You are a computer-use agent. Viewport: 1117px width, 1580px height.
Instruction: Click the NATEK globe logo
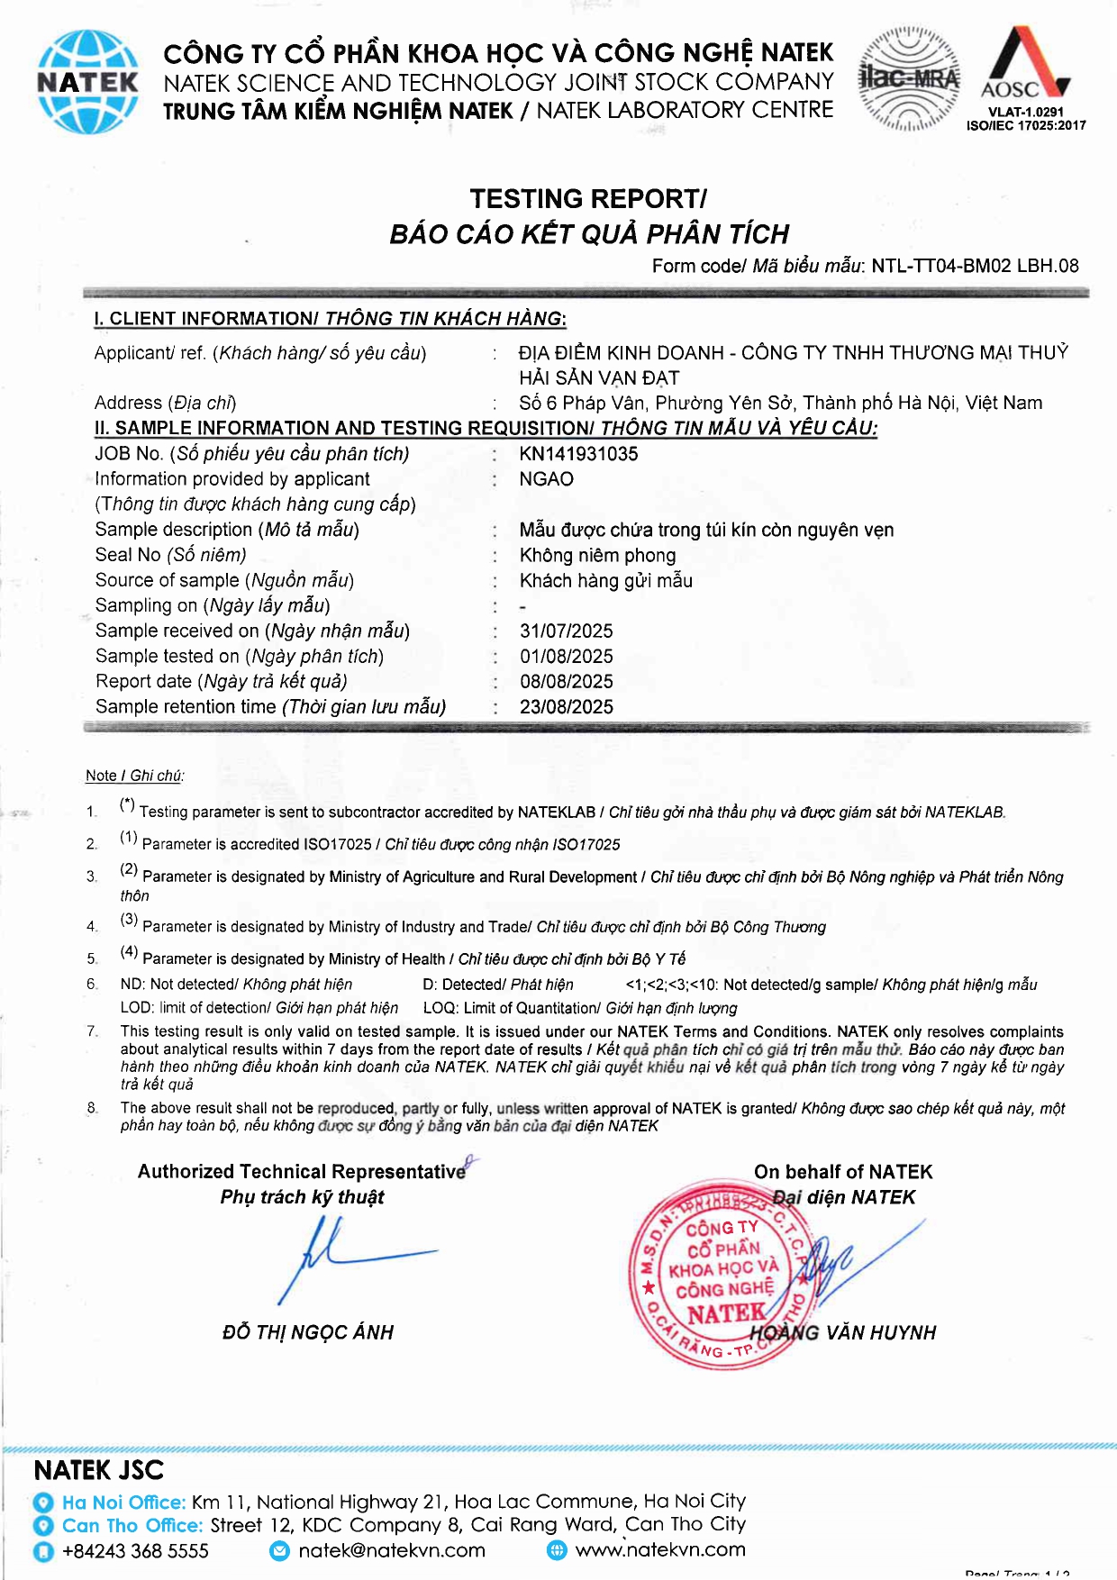point(87,82)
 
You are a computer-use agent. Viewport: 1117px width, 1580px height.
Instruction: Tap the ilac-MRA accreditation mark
point(909,79)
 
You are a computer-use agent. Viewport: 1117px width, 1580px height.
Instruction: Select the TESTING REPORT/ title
point(588,198)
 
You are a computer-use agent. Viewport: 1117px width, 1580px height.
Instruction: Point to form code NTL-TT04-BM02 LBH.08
point(975,266)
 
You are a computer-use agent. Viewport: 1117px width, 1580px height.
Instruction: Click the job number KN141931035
point(578,454)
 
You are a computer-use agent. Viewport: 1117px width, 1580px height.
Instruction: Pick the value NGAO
point(546,479)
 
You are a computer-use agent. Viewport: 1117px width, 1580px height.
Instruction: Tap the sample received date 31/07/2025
point(566,631)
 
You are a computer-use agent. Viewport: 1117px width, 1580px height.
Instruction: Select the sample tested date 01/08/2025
point(566,656)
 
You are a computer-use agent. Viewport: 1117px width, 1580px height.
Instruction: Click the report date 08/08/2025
point(566,681)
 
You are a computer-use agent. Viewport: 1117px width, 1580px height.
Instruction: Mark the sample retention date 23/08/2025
point(566,706)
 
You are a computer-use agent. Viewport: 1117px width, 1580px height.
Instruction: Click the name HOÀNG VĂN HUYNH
point(843,1332)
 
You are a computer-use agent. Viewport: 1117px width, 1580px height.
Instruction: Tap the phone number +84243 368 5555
point(135,1551)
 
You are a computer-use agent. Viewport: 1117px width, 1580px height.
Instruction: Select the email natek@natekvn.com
point(391,1550)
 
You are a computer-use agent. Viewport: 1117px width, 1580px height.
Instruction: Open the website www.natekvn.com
point(660,1549)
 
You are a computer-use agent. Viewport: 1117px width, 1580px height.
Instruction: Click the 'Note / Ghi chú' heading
point(134,776)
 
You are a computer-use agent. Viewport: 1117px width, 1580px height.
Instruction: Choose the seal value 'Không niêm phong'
point(597,555)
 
